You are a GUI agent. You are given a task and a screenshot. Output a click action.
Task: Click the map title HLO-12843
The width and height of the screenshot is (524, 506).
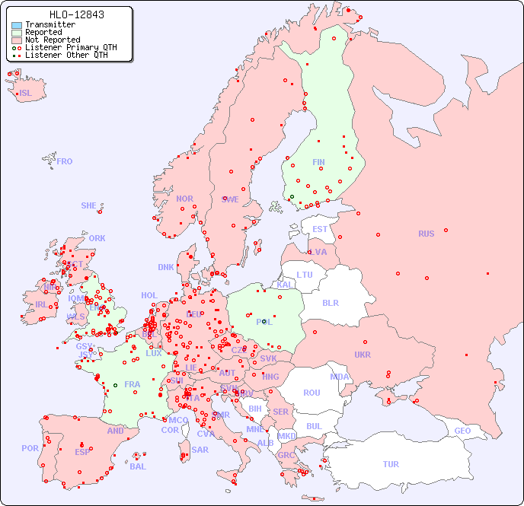pyautogui.click(x=76, y=14)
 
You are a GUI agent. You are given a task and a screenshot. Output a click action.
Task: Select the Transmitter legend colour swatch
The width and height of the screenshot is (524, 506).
pyautogui.click(x=17, y=25)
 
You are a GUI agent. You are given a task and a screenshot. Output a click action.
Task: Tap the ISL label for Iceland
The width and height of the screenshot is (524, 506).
pyautogui.click(x=26, y=94)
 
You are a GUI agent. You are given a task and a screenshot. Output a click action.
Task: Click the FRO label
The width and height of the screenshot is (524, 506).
pyautogui.click(x=65, y=161)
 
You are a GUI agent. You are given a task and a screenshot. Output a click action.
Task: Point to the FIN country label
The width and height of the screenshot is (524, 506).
pyautogui.click(x=318, y=162)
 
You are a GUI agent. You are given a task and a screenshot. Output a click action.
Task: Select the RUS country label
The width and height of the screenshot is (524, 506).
pyautogui.click(x=426, y=234)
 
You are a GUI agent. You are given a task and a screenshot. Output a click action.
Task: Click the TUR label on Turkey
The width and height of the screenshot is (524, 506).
pyautogui.click(x=391, y=464)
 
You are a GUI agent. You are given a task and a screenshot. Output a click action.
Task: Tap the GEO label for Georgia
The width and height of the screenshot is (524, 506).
pyautogui.click(x=462, y=431)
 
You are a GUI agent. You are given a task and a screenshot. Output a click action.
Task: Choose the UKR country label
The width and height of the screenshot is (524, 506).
pyautogui.click(x=363, y=355)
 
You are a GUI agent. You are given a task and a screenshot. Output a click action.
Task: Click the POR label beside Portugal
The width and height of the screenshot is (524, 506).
pyautogui.click(x=30, y=448)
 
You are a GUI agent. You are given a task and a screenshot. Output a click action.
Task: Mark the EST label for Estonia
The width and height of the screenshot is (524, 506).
pyautogui.click(x=320, y=229)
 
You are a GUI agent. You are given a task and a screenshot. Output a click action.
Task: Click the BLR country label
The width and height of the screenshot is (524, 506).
pyautogui.click(x=330, y=302)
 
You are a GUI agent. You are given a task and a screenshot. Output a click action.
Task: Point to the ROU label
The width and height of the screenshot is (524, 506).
pyautogui.click(x=312, y=393)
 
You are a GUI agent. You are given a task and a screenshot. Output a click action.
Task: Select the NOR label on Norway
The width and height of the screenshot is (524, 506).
pyautogui.click(x=184, y=199)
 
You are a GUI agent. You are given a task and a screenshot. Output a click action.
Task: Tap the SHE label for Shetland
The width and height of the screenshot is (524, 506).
pyautogui.click(x=89, y=205)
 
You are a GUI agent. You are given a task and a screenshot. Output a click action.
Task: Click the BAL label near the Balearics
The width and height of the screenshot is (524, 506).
pyautogui.click(x=138, y=466)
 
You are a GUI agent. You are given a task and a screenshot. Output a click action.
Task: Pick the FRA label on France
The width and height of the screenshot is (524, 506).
pyautogui.click(x=133, y=384)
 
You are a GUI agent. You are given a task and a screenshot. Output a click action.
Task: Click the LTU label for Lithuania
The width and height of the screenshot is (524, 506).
pyautogui.click(x=305, y=275)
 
